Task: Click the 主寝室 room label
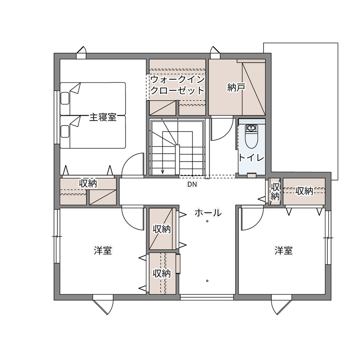click(102, 117)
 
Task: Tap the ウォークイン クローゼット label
click(177, 85)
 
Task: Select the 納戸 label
click(236, 88)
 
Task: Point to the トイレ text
click(251, 157)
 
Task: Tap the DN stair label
click(191, 185)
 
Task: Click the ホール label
click(207, 213)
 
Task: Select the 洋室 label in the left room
click(103, 251)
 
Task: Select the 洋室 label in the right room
click(284, 251)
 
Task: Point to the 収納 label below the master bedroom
click(88, 184)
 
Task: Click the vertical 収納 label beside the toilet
click(275, 192)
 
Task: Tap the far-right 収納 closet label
click(304, 191)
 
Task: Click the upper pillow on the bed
click(66, 98)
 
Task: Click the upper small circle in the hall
click(207, 222)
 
